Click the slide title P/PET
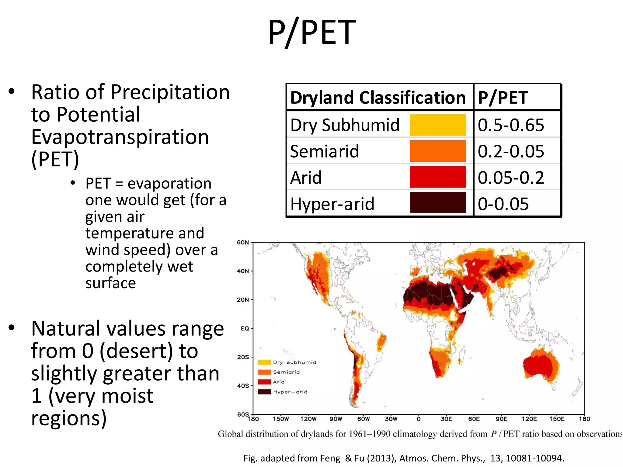[x=311, y=32]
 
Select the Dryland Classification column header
[x=378, y=98]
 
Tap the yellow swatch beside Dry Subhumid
[x=437, y=125]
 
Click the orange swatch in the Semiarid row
[x=437, y=151]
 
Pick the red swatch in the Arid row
[x=437, y=177]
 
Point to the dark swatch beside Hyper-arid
[x=437, y=202]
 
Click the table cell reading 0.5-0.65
[x=511, y=125]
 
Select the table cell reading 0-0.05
[x=503, y=204]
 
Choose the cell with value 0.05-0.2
[x=511, y=178]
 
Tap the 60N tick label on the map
[x=243, y=243]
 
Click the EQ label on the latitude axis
[x=245, y=329]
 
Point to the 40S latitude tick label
[x=243, y=386]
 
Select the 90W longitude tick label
[x=336, y=419]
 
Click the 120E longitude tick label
[x=529, y=419]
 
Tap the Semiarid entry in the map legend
[x=286, y=372]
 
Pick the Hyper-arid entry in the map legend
[x=290, y=392]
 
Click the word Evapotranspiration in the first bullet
[x=120, y=137]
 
